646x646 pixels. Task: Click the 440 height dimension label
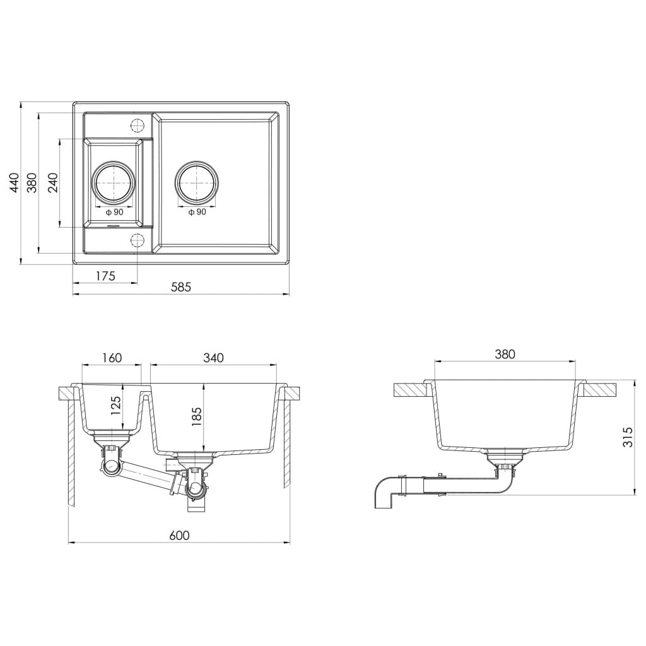click(x=13, y=182)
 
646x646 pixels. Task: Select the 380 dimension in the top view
click(x=33, y=182)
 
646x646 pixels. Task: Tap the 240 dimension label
click(x=53, y=182)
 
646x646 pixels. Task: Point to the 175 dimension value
click(x=105, y=276)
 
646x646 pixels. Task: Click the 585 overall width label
click(x=180, y=287)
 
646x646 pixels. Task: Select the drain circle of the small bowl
click(x=114, y=183)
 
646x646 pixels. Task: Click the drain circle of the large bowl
click(x=197, y=183)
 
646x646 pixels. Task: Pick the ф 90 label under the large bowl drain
click(x=197, y=212)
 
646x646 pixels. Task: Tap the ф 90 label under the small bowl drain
click(x=114, y=212)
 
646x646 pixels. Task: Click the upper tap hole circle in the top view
click(x=136, y=124)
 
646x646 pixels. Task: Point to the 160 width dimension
click(x=111, y=358)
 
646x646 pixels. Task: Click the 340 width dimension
click(x=213, y=358)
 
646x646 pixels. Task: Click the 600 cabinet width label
click(x=179, y=536)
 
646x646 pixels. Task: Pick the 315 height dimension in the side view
click(x=628, y=437)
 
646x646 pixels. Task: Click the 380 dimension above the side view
click(x=505, y=355)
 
